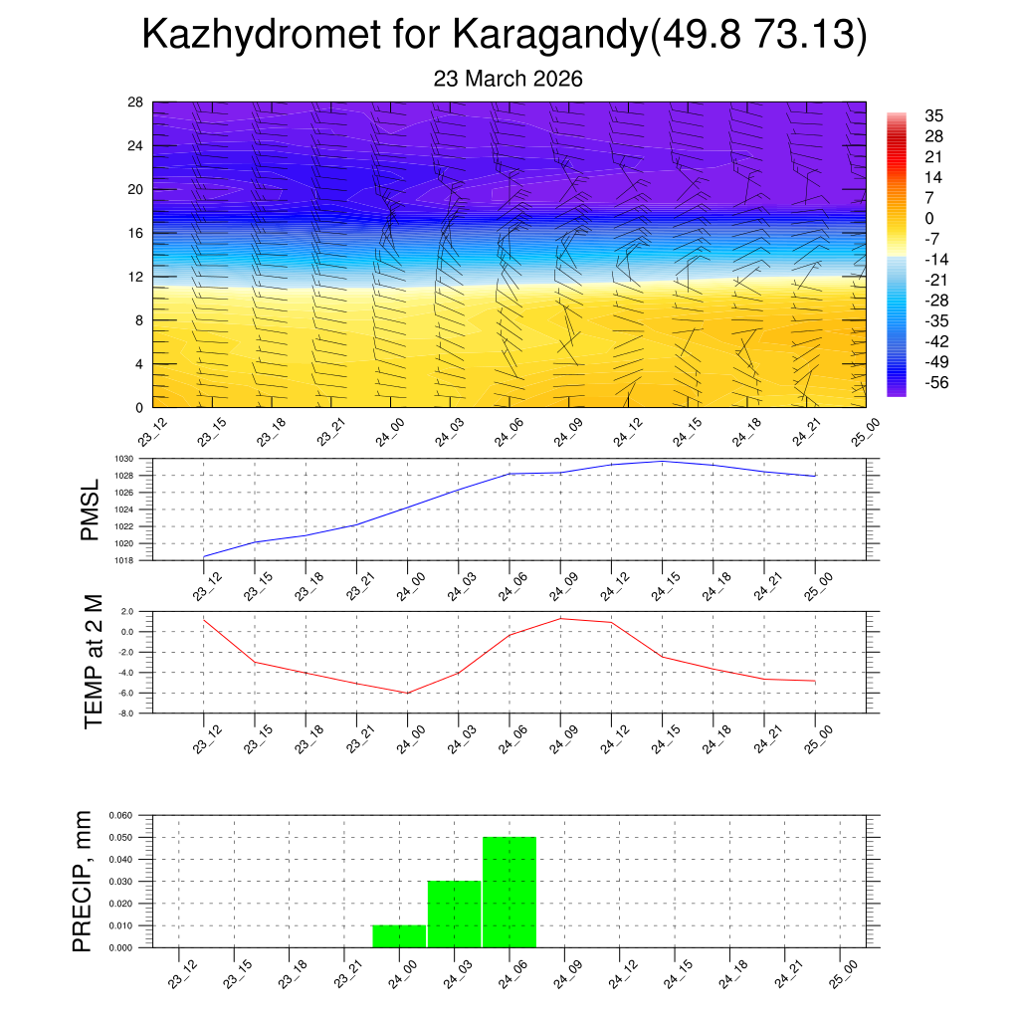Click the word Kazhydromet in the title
coord(290,35)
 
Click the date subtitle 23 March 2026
coord(508,79)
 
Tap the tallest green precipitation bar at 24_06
coord(509,893)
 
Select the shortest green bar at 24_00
coord(399,936)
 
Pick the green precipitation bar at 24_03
coord(455,915)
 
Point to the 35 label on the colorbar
coord(933,114)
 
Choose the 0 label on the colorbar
coord(929,219)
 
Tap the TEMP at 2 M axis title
coord(94,661)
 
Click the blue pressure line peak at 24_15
coord(662,461)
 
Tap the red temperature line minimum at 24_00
coord(407,693)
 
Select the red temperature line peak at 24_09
coord(560,618)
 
